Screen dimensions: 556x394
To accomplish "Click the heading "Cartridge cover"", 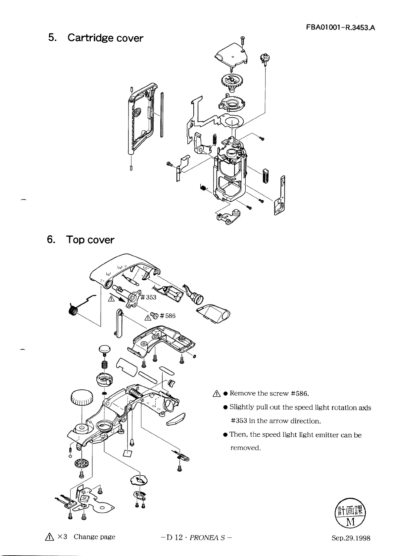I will pyautogui.click(x=105, y=38).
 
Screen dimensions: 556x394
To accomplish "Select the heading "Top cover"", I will pyautogui.click(x=90, y=240).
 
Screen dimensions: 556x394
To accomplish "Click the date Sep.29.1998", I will pyautogui.click(x=351, y=538).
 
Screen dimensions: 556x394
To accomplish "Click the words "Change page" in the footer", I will pyautogui.click(x=94, y=536).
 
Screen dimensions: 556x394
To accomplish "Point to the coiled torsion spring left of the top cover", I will pyautogui.click(x=73, y=310).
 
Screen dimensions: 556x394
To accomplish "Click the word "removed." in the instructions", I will pyautogui.click(x=246, y=448).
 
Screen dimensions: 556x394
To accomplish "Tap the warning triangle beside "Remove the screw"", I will pyautogui.click(x=217, y=394).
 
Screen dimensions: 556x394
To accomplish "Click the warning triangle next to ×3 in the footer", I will pyautogui.click(x=53, y=537).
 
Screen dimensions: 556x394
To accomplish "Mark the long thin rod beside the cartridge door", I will pyautogui.click(x=161, y=115).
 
